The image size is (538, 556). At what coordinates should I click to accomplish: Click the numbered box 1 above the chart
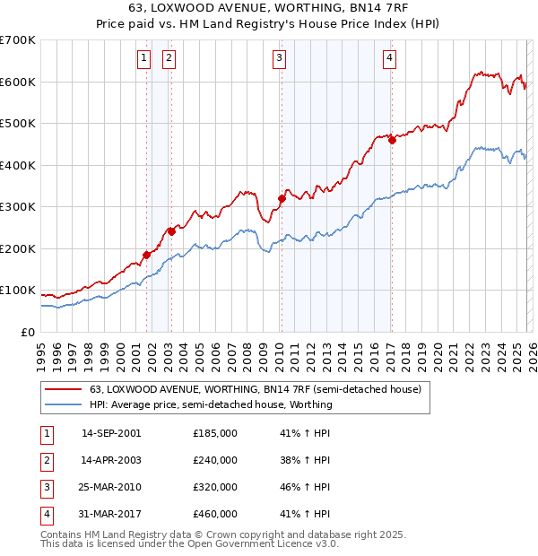click(143, 58)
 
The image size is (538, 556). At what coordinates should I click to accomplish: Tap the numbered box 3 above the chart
click(280, 58)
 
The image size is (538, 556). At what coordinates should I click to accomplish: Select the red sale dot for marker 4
click(392, 140)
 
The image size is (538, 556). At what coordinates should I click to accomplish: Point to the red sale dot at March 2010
click(282, 198)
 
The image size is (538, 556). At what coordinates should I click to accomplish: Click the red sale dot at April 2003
click(171, 231)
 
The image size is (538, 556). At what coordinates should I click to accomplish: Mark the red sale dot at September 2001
click(146, 255)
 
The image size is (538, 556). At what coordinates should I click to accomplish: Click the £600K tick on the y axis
click(18, 82)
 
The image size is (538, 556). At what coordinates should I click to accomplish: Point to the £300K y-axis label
click(18, 206)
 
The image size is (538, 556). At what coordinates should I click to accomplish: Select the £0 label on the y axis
click(29, 332)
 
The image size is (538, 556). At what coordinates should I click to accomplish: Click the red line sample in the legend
click(64, 390)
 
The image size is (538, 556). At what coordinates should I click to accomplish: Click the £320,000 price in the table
click(215, 487)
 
